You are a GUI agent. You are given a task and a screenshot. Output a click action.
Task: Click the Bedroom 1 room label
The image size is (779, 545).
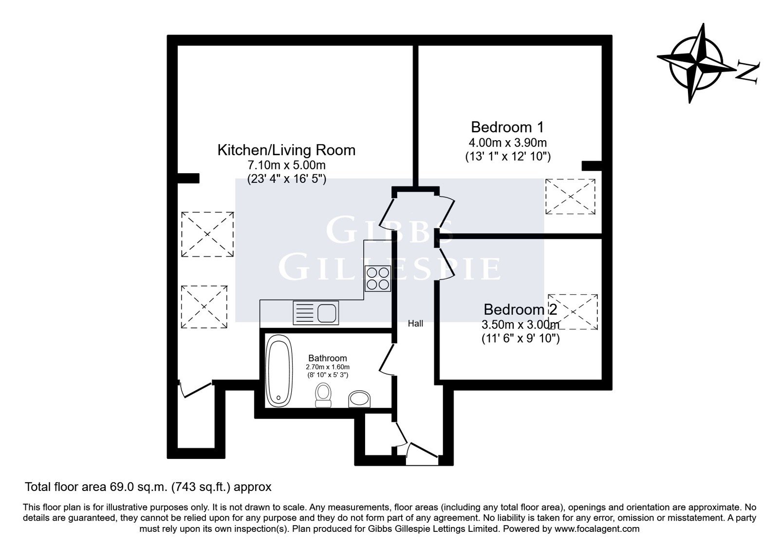(x=507, y=127)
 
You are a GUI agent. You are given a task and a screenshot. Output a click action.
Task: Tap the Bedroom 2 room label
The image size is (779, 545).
(x=520, y=309)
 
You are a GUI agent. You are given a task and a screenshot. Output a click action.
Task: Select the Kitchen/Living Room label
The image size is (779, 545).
(x=286, y=150)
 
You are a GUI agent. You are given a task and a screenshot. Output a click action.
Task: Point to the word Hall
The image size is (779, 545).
(x=416, y=324)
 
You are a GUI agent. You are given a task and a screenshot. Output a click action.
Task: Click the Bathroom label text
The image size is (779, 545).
(x=328, y=358)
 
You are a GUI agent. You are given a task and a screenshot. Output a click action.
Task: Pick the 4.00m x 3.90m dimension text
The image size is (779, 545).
(x=508, y=143)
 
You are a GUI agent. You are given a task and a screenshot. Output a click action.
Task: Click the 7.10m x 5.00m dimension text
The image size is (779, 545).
(x=286, y=164)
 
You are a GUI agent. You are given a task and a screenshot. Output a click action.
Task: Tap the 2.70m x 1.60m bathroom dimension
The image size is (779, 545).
(x=328, y=367)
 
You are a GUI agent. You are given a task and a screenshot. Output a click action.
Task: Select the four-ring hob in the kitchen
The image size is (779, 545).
(x=378, y=278)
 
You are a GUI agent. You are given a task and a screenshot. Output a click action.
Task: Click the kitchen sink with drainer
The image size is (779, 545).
(x=316, y=313)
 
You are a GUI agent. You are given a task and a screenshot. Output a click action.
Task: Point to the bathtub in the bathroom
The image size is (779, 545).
(x=279, y=370)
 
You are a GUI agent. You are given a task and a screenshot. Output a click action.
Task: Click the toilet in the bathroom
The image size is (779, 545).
(x=323, y=395)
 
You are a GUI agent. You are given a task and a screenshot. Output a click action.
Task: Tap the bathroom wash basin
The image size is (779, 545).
(x=360, y=399)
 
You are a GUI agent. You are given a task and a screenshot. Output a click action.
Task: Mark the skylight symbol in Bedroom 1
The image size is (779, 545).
(x=570, y=197)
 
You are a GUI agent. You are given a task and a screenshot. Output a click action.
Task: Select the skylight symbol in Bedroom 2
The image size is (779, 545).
(x=573, y=312)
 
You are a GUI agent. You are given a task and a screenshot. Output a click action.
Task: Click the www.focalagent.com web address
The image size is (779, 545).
(x=597, y=529)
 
